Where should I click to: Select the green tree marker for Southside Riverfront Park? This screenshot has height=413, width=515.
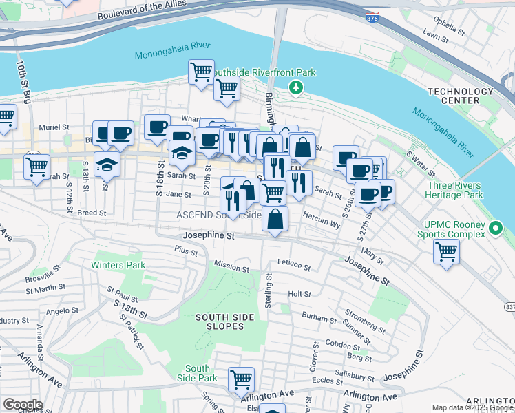point(296,87)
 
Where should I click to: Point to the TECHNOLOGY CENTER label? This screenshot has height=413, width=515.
point(461,96)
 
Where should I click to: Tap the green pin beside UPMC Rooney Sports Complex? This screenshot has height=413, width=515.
point(494,228)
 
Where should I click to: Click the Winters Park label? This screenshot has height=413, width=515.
point(118,265)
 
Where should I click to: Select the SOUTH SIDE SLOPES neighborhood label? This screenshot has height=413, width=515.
point(225,321)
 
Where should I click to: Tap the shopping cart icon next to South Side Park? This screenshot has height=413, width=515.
point(241,378)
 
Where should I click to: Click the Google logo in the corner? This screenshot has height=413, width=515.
point(22,404)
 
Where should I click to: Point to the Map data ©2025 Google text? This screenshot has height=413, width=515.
point(472,407)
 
